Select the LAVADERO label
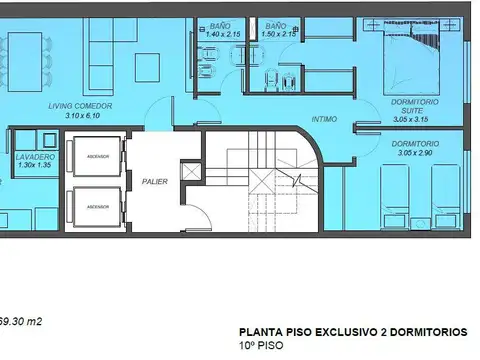34,158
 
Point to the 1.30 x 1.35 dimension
34,167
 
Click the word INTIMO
324,118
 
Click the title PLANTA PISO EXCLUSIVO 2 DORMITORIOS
352,331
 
